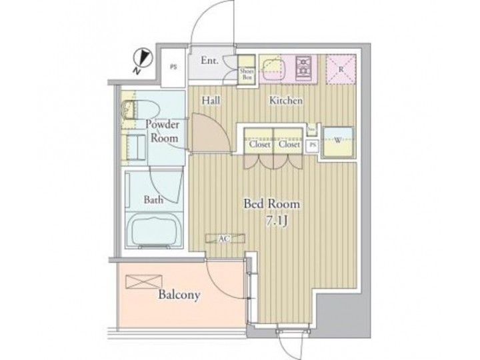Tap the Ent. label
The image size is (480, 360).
click(x=210, y=61)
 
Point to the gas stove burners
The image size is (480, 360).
click(x=305, y=67)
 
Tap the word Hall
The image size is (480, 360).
click(x=212, y=100)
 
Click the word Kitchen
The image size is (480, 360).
click(x=286, y=101)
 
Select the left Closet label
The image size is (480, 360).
click(x=259, y=144)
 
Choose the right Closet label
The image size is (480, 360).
click(x=289, y=144)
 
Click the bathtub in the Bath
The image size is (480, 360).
click(x=157, y=231)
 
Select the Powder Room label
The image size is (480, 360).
click(x=161, y=131)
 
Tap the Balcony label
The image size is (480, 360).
click(x=179, y=295)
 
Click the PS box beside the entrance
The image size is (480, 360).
click(x=173, y=67)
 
